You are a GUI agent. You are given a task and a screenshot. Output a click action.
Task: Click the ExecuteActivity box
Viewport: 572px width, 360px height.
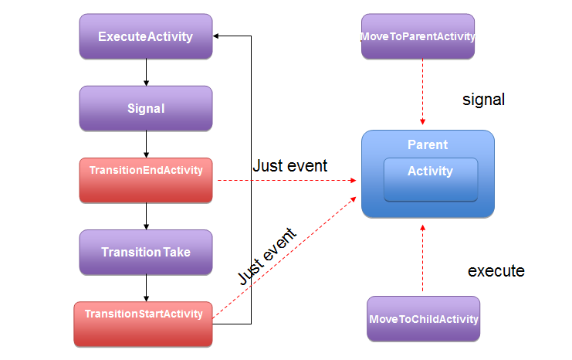pos(146,36)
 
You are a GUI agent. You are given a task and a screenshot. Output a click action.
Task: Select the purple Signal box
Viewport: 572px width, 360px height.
pos(146,108)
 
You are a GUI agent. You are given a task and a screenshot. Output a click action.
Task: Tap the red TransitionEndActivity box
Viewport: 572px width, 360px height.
pos(146,180)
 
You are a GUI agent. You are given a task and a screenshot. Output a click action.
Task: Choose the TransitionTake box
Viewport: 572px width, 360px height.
pos(146,253)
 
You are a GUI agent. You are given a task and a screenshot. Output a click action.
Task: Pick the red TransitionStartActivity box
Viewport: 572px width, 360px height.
pos(143,324)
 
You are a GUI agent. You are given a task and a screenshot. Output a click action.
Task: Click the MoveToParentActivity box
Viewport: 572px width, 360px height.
pos(418,36)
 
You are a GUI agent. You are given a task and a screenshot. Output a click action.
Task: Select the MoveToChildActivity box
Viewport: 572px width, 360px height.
pos(424,319)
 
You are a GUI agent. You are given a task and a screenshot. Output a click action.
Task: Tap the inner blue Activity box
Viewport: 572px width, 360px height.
pos(431,180)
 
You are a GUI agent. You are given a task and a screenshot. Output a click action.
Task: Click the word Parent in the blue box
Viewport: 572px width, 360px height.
pos(428,144)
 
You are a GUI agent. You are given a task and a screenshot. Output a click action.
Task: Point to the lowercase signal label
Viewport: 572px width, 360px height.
pos(484,100)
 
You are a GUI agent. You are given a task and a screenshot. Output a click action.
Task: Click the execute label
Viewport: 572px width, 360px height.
pos(496,271)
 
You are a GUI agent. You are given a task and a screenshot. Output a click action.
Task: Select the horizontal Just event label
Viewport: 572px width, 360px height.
pos(290,166)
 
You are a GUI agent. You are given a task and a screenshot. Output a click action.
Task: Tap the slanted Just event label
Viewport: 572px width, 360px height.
pos(267,256)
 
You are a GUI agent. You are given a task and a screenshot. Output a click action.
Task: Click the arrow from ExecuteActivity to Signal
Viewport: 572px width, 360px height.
pos(147,73)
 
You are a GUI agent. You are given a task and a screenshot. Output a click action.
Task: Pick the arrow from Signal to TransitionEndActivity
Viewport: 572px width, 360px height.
pos(147,144)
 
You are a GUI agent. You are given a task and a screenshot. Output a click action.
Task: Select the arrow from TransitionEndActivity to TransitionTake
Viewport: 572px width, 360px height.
pos(147,216)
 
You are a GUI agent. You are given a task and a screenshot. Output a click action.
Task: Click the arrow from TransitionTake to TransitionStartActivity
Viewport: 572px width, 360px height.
pos(147,288)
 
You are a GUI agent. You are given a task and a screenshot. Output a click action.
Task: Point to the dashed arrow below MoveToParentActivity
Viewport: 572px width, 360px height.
pos(422,92)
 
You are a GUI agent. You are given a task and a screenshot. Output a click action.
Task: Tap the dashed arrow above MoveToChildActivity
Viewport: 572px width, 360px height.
pos(422,258)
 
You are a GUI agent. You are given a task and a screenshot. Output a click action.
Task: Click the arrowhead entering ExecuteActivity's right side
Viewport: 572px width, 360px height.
pos(215,36)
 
